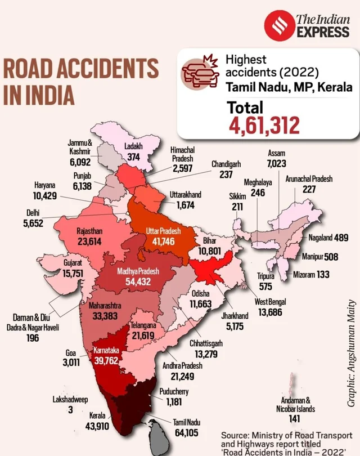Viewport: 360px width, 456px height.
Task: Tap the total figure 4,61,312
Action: (264, 126)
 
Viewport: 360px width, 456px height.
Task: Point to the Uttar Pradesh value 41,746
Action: (163, 242)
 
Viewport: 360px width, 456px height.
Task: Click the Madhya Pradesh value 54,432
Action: (137, 281)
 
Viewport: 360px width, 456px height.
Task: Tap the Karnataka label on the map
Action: (107, 350)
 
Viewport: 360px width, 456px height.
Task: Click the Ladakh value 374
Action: (133, 158)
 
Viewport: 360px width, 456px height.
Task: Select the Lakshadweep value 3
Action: (70, 410)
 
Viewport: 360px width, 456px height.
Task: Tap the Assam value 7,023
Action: (276, 163)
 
